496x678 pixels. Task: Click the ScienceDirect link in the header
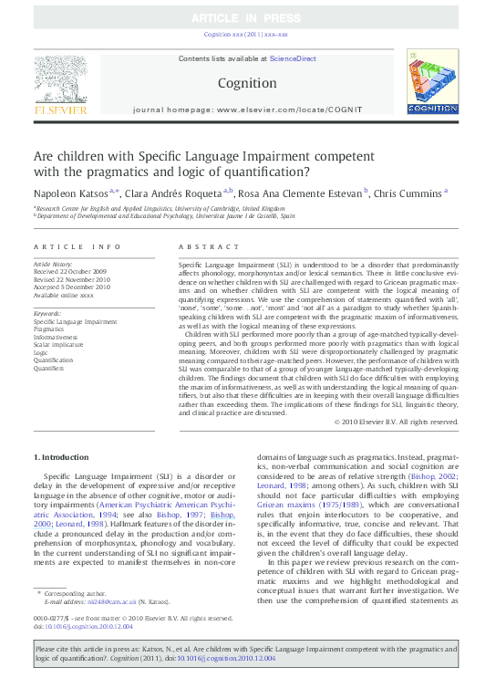[293, 58]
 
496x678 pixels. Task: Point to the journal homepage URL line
[247, 110]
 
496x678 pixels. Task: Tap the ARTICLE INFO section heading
[77, 247]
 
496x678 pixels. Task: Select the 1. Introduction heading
[62, 455]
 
